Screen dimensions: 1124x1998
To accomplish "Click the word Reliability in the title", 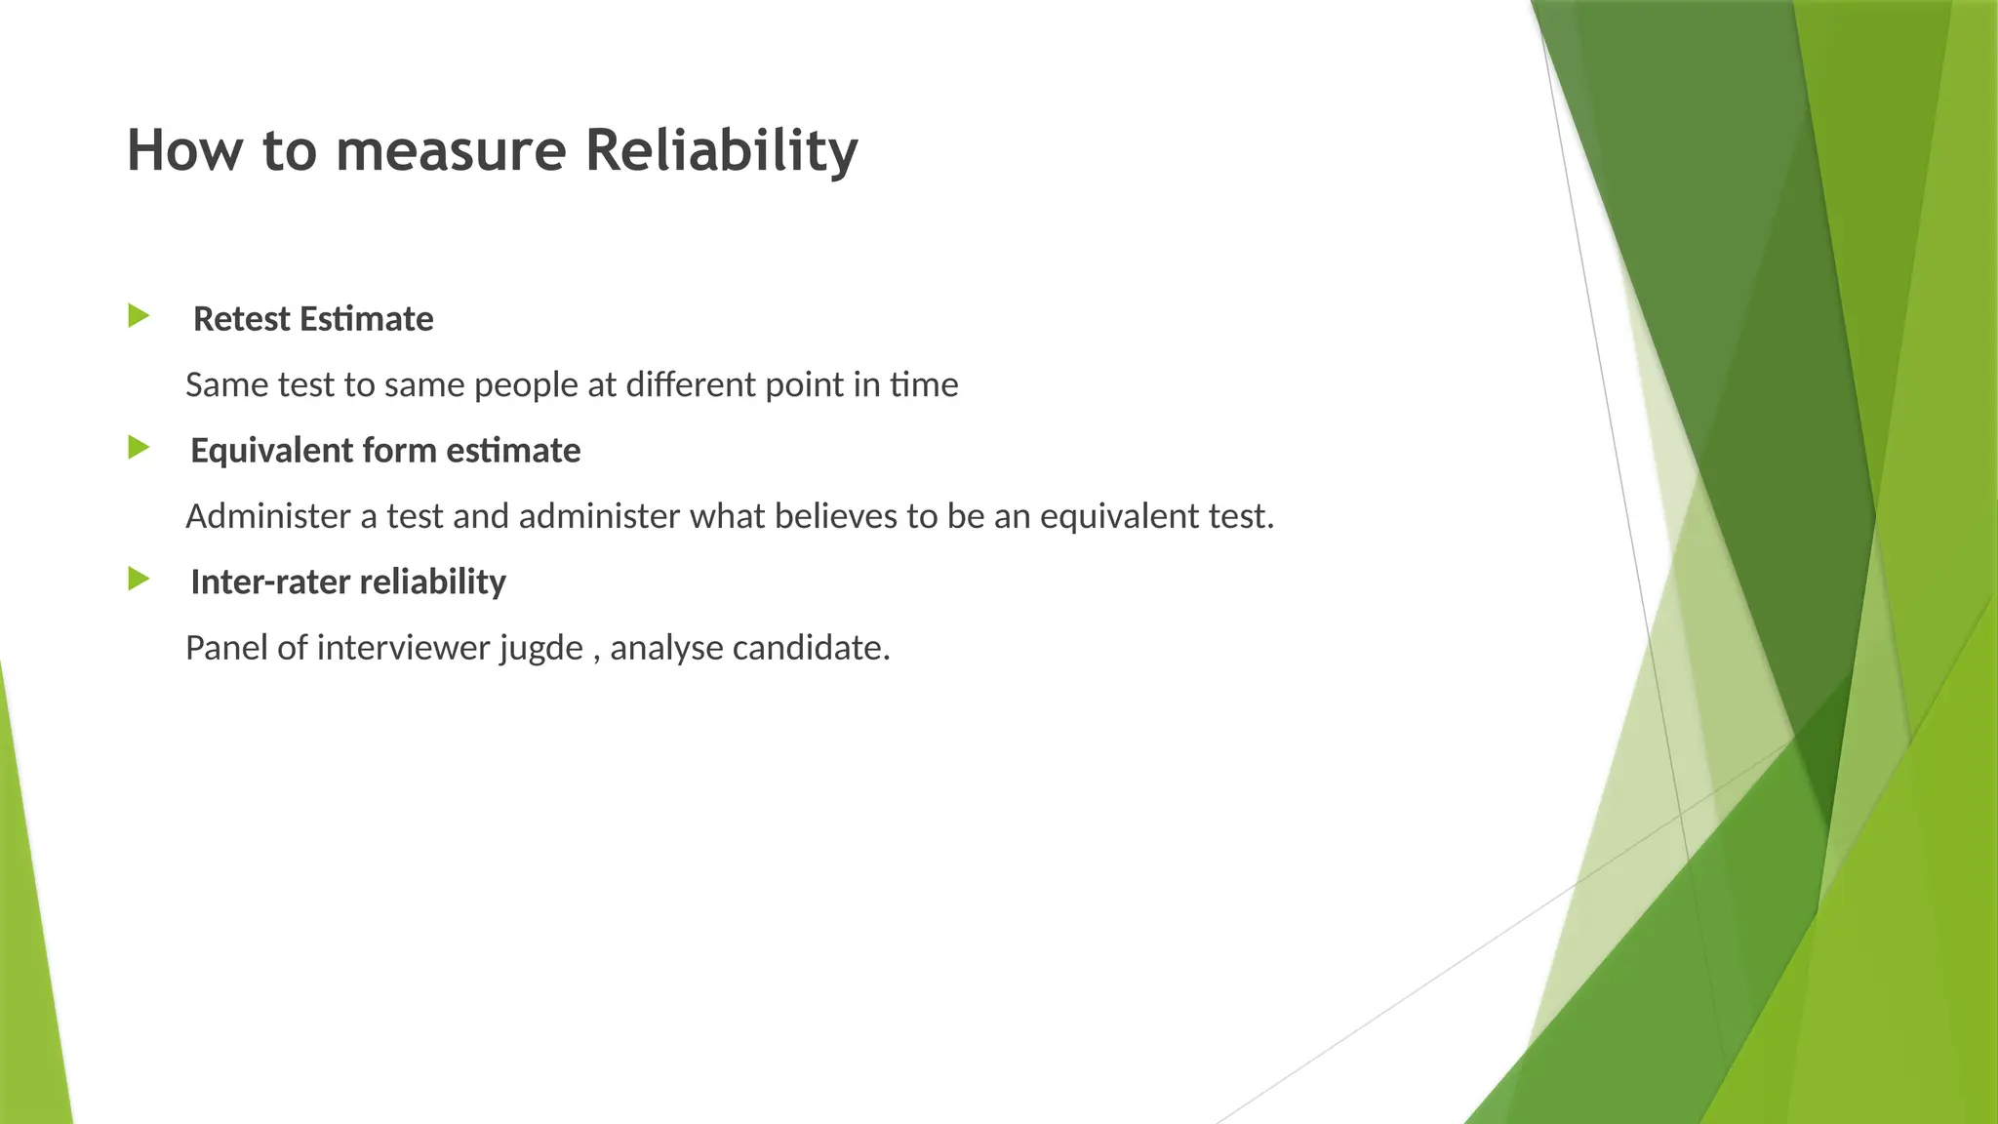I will (x=721, y=151).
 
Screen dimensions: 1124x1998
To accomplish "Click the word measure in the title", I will (x=451, y=151).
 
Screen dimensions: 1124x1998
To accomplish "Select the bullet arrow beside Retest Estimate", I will (x=139, y=316).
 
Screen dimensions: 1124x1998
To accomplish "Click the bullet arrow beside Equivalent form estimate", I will (x=139, y=448).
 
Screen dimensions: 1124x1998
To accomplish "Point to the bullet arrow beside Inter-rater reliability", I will (x=139, y=580).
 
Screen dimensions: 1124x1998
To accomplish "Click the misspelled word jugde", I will (x=541, y=649).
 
